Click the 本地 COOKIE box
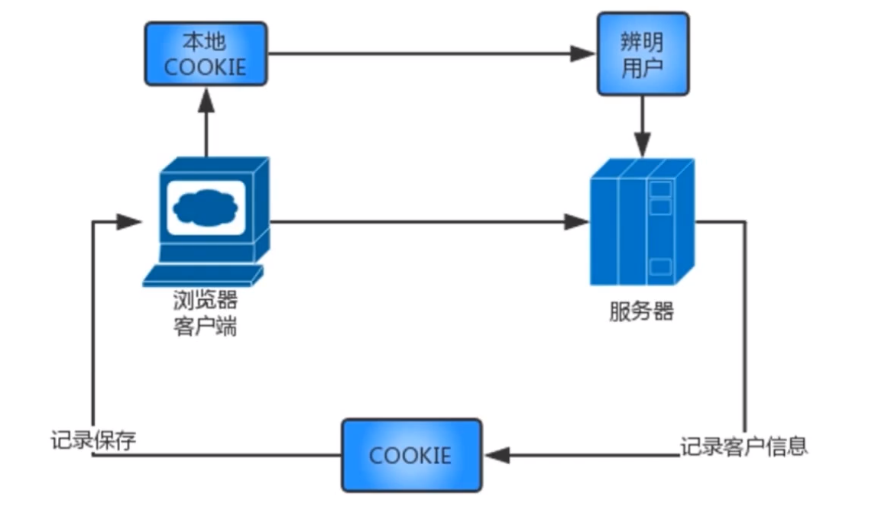206,53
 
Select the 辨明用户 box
643,53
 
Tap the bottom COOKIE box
411,455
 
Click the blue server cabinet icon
642,221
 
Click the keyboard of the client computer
203,275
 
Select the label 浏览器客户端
205,315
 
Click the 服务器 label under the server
642,311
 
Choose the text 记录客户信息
744,445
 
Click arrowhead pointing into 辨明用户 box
585,53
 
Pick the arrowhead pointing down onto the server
643,144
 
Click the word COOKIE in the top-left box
206,66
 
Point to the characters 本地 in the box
206,40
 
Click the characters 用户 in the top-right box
643,68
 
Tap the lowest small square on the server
659,267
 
